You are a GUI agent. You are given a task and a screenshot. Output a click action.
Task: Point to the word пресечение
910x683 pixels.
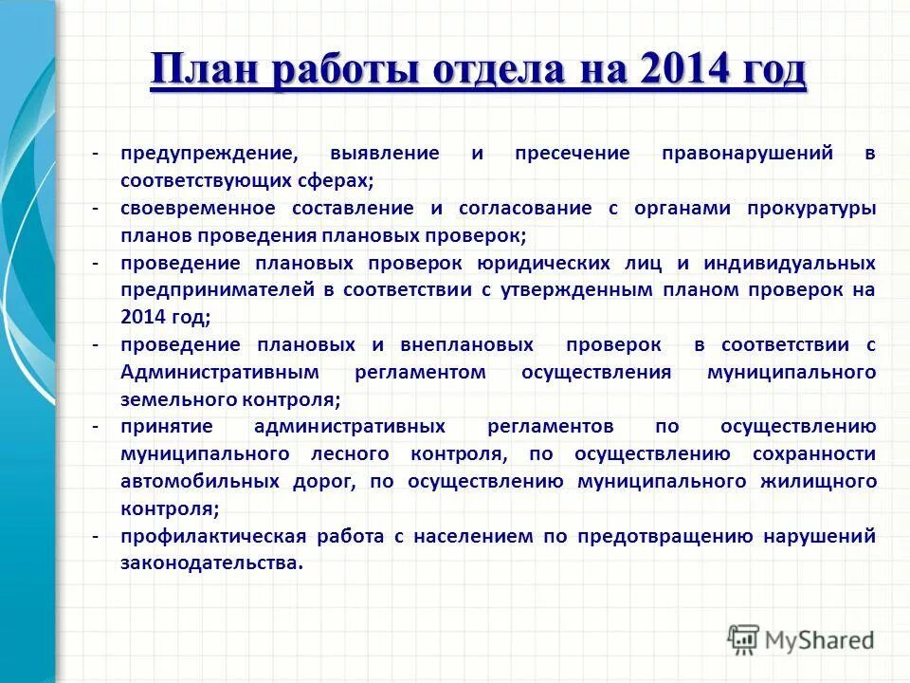[572, 153]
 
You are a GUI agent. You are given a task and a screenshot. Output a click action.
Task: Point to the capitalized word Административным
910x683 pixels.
[213, 372]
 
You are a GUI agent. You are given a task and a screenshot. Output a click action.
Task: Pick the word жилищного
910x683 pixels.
[818, 482]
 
